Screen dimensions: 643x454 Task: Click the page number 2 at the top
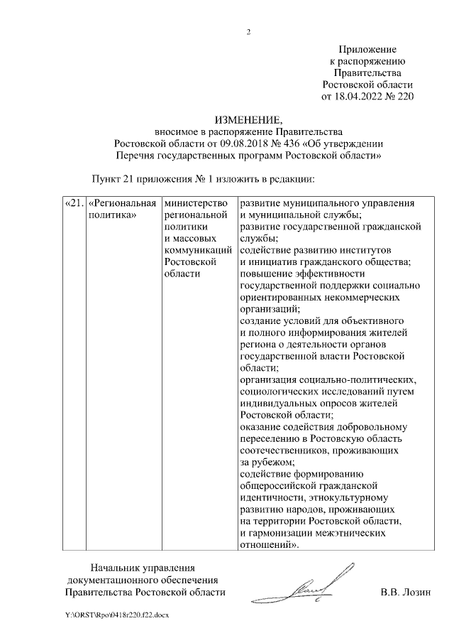[x=248, y=31]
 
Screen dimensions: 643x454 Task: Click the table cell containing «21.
[x=74, y=204]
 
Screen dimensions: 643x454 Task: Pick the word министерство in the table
[x=196, y=204]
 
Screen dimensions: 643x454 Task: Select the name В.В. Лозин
[x=406, y=591]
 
